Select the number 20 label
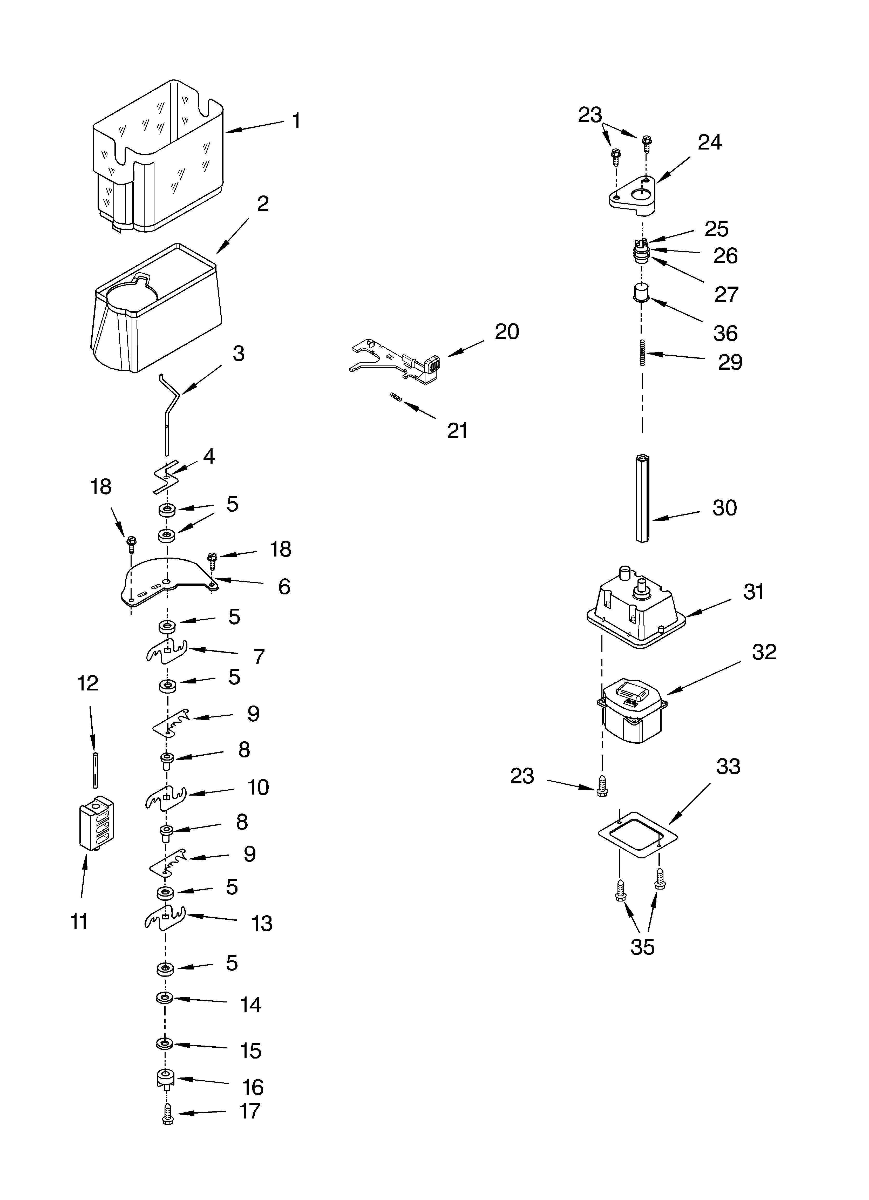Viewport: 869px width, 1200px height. (x=506, y=332)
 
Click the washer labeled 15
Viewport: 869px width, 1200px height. (x=165, y=1044)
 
